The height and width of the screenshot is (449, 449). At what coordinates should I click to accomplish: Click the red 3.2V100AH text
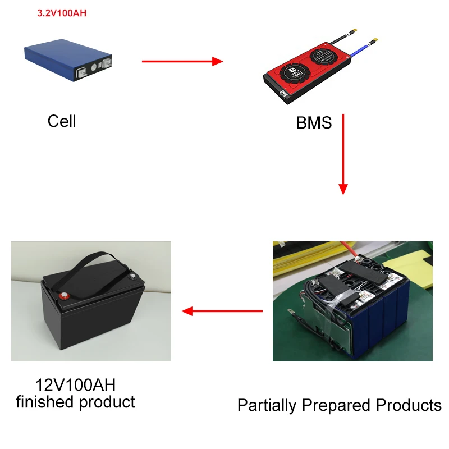[x=61, y=13]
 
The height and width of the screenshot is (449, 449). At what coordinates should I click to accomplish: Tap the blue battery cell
[x=67, y=60]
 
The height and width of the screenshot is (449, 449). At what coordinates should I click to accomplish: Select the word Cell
[x=62, y=121]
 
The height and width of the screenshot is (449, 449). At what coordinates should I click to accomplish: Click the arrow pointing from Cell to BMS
[x=182, y=61]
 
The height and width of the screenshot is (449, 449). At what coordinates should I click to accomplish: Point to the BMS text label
[x=314, y=123]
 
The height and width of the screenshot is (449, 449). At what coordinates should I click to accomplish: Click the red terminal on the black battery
[x=65, y=296]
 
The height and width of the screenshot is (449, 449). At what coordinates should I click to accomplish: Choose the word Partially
[x=267, y=405]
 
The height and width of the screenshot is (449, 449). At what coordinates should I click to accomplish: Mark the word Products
[x=409, y=405]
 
